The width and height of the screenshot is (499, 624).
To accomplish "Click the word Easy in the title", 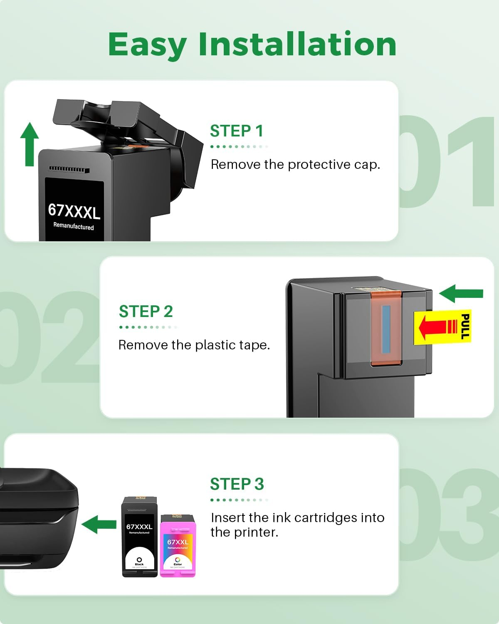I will [147, 45].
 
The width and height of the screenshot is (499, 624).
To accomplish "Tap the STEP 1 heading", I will [237, 131].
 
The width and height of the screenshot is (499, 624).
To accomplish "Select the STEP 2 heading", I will [146, 312].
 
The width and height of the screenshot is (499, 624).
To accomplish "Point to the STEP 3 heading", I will [237, 484].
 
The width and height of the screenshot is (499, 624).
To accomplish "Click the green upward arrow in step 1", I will [30, 144].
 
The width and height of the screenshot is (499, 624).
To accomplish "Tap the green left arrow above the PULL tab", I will [461, 293].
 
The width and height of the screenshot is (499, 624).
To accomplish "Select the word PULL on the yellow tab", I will [464, 327].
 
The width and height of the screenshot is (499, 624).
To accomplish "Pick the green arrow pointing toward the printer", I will [99, 524].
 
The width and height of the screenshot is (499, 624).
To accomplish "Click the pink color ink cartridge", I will [178, 546].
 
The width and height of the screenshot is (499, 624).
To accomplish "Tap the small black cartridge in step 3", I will [139, 537].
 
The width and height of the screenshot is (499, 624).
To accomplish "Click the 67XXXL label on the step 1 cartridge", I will [74, 211].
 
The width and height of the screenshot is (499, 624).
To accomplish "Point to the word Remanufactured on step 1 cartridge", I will [74, 226].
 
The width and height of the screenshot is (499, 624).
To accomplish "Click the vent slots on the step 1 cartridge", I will [69, 169].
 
